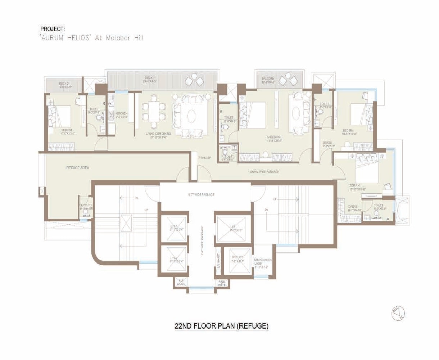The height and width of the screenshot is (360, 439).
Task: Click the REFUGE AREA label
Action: (77, 168)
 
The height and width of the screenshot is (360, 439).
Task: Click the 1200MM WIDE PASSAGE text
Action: (263, 172)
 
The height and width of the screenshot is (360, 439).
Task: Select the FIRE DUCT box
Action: (221, 283)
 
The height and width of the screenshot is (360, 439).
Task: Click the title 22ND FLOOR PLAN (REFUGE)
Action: (221, 326)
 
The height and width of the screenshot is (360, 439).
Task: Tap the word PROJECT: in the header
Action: (53, 29)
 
